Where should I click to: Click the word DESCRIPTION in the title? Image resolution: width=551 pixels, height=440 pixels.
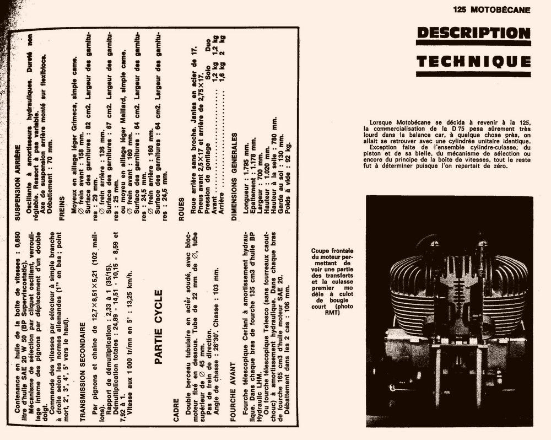tap(473, 33)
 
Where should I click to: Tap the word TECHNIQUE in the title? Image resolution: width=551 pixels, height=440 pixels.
tap(473, 61)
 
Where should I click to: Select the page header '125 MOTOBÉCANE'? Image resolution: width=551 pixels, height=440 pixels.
tap(492, 9)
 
